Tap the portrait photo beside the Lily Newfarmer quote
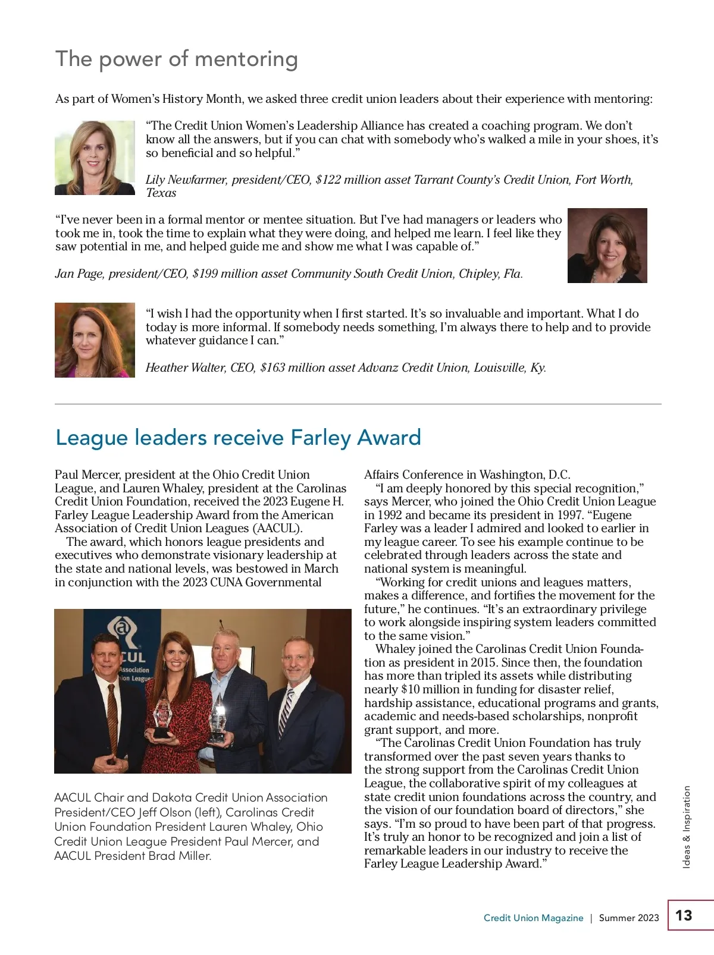(95, 158)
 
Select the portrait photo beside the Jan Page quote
(607, 246)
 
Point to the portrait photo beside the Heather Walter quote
(95, 340)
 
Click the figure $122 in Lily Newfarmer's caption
(328, 180)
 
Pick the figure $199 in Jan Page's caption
(205, 274)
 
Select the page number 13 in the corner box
(684, 915)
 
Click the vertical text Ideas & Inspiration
(687, 827)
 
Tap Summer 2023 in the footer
(629, 918)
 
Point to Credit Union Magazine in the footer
(533, 918)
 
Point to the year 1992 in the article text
(389, 515)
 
